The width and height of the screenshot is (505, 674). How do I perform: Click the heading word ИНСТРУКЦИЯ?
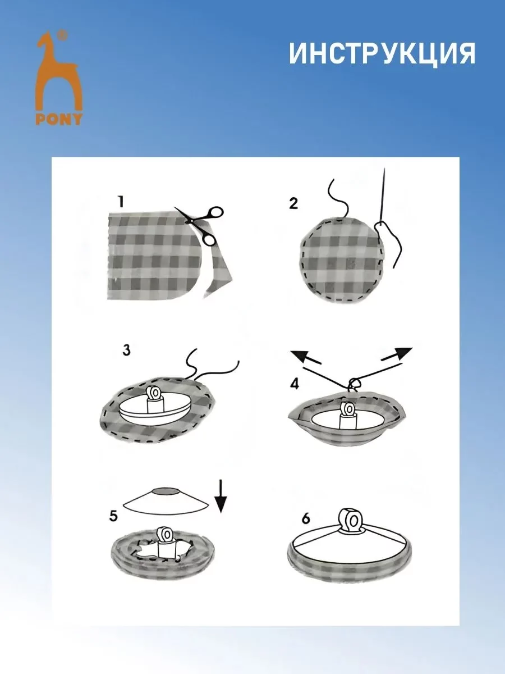coord(382,53)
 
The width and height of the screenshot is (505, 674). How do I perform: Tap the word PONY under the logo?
coord(59,119)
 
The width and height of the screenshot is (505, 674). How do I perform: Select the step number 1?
coord(121,202)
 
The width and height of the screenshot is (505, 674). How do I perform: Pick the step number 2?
coord(293,203)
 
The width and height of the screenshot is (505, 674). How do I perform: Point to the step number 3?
coord(126,350)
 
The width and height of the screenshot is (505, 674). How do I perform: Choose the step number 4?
coord(295,384)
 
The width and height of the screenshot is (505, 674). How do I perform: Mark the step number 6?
coord(306,518)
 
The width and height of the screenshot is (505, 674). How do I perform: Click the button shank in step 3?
coord(156,399)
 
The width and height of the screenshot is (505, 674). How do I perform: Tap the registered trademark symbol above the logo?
coord(62,34)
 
